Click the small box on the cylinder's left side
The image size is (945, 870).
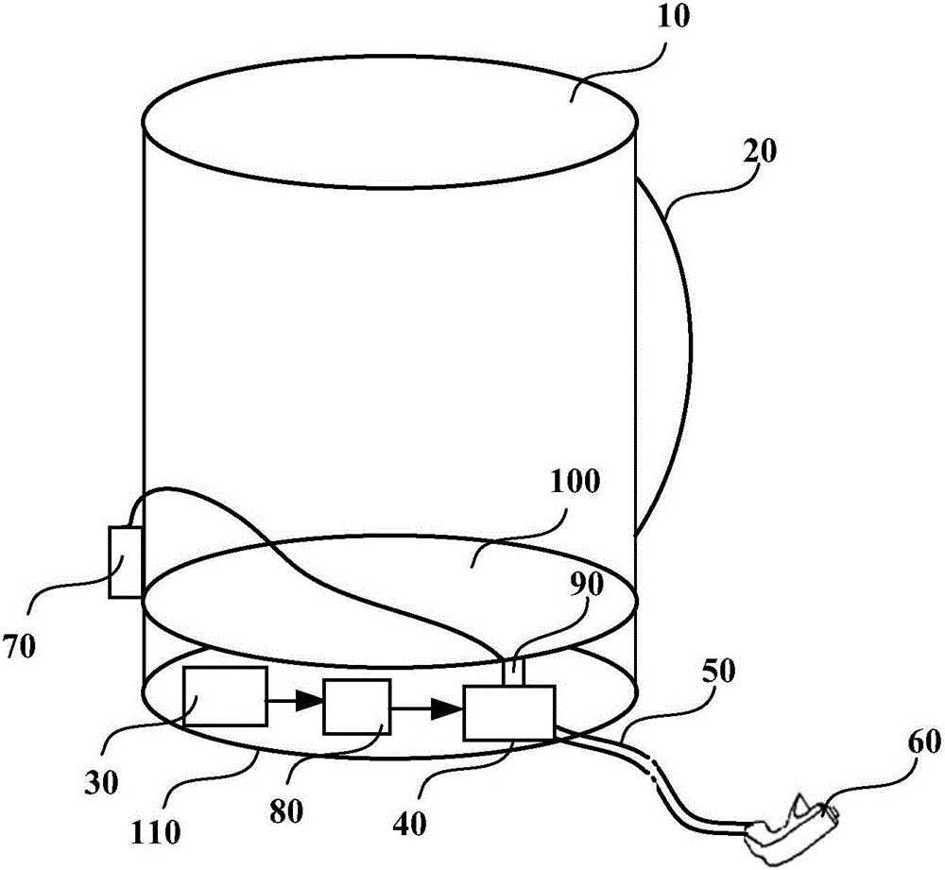[x=125, y=562]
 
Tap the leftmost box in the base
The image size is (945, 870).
[x=226, y=696]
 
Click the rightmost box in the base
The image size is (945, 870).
[x=508, y=712]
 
